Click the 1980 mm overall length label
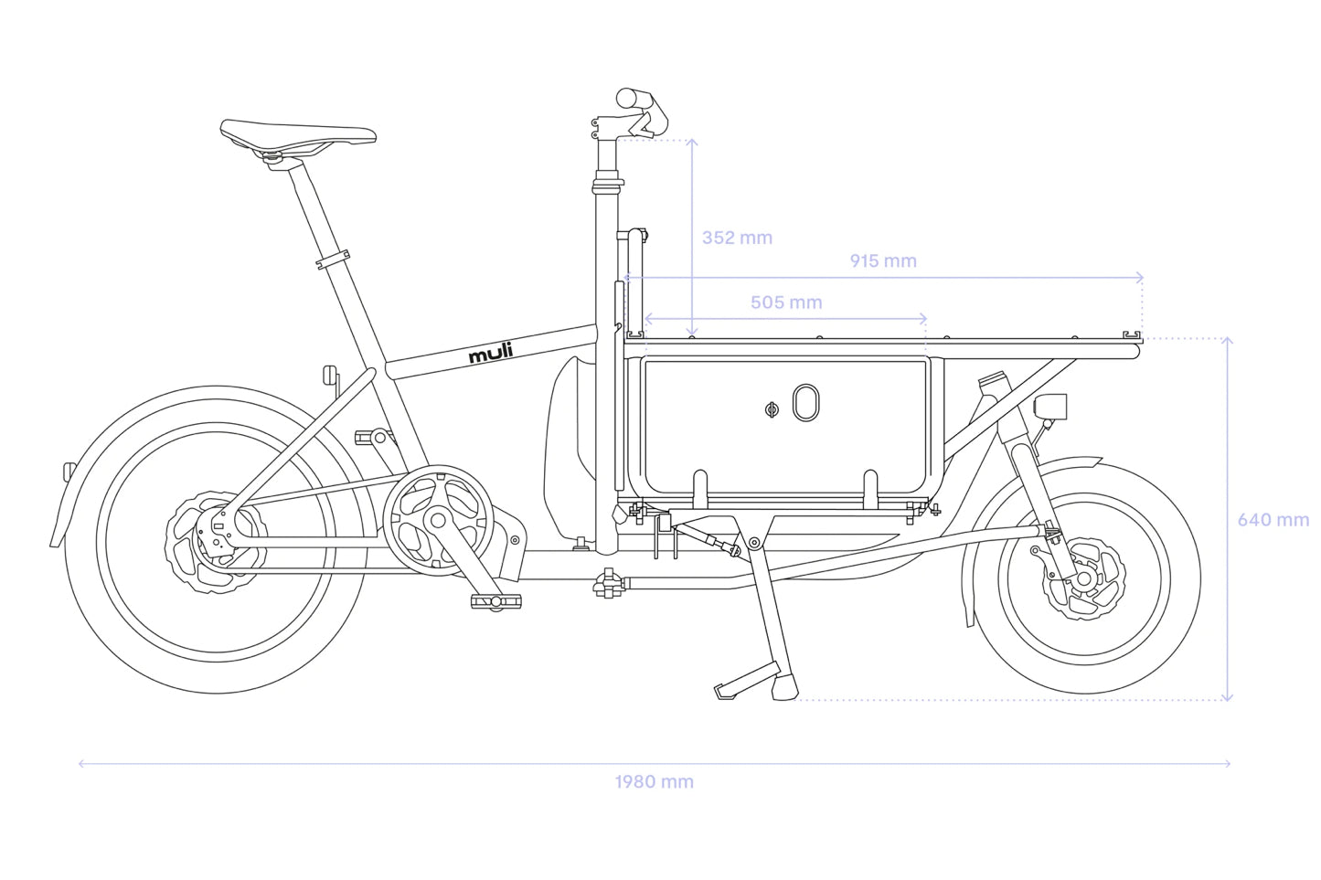pyautogui.click(x=654, y=782)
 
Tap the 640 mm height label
pyautogui.click(x=1273, y=520)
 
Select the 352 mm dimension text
pyautogui.click(x=737, y=238)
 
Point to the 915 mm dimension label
pyautogui.click(x=883, y=261)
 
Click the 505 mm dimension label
pyautogui.click(x=786, y=302)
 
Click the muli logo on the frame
pyautogui.click(x=491, y=353)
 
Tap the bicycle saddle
pyautogui.click(x=298, y=133)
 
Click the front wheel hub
pyautogui.click(x=1084, y=579)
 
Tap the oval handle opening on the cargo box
pyautogui.click(x=804, y=402)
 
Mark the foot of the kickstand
pyautogui.click(x=784, y=686)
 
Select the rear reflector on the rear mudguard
pyautogui.click(x=69, y=472)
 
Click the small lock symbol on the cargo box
pyautogui.click(x=771, y=409)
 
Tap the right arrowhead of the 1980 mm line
pyautogui.click(x=1228, y=763)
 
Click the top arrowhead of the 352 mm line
pyautogui.click(x=693, y=142)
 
